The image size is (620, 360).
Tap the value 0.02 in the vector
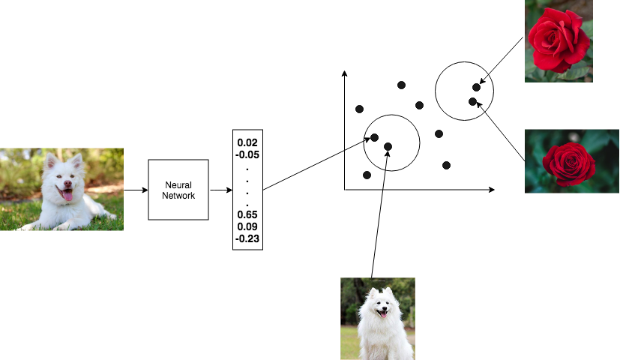coord(247,142)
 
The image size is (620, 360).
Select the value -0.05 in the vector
coord(247,154)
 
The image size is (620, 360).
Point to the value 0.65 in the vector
coord(247,214)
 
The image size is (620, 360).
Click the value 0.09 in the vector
coord(247,226)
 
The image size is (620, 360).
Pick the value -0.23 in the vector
coord(247,238)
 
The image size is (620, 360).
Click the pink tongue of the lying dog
coord(67,195)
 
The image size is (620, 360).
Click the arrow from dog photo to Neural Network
coord(136,190)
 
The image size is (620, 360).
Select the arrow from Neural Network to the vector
coord(221,190)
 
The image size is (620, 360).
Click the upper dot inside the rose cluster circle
coord(477,88)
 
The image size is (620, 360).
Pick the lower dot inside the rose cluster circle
coord(472,102)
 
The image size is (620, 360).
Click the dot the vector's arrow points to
coord(374,138)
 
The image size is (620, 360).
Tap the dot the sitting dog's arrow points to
coord(388,147)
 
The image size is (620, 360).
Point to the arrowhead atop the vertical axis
coord(344,73)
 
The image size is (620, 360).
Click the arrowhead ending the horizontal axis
coord(492,190)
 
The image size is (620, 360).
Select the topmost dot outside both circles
coord(401,85)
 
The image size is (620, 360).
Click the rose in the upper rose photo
coord(559,40)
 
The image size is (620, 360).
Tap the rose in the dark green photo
coord(569,164)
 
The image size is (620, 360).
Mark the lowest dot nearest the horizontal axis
coord(367,175)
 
